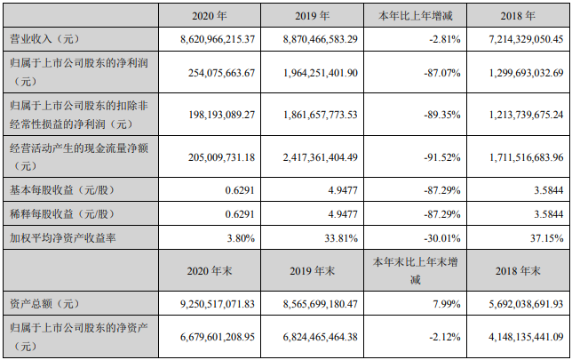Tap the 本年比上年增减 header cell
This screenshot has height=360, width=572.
417,17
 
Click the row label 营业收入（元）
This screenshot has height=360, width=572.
45,39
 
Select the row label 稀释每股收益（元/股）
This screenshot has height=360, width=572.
61,214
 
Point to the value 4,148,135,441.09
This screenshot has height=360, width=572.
516,338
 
